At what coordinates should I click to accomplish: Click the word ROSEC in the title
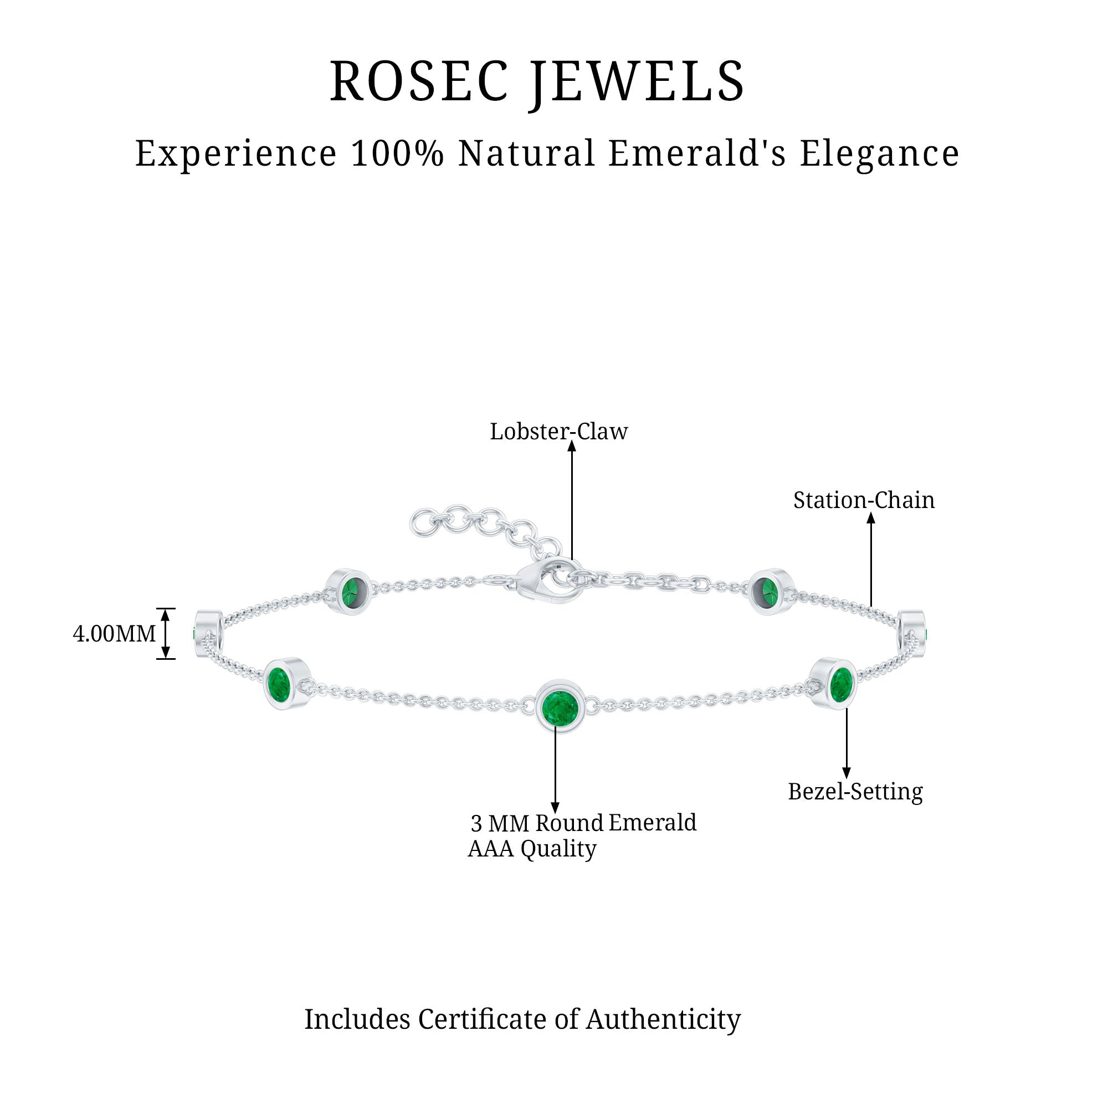419,81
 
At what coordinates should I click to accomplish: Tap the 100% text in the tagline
397,153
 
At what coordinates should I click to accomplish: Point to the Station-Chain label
864,501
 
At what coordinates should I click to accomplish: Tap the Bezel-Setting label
855,792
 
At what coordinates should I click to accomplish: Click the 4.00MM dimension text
114,634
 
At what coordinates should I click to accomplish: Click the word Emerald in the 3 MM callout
652,823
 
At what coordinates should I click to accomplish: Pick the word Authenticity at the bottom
663,1020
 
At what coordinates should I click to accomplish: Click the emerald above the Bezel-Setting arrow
840,683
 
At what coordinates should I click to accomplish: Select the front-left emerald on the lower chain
280,683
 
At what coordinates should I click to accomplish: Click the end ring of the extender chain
422,523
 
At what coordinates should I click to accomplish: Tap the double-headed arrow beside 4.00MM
166,634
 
